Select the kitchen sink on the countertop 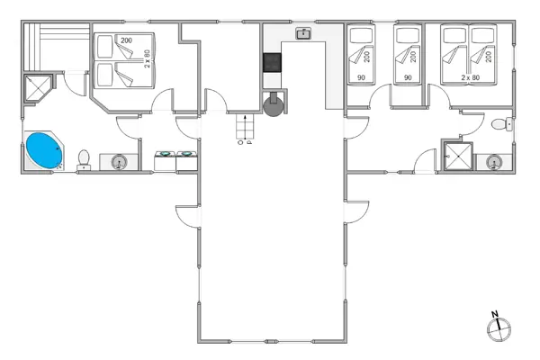[x=303, y=34]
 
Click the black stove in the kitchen [x=271, y=63]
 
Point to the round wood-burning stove [x=273, y=106]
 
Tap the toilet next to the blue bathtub [x=84, y=159]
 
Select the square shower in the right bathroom [x=458, y=156]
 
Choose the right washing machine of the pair [x=186, y=159]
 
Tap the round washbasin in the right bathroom [x=493, y=162]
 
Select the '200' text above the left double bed [x=126, y=40]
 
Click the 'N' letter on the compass [x=495, y=314]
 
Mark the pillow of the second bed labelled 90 [x=409, y=37]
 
